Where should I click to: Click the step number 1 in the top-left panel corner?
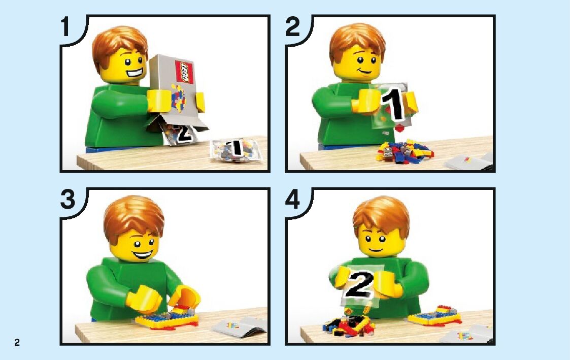coord(65,26)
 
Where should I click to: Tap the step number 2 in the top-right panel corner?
coord(293,26)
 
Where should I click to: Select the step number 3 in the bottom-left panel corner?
coord(68,199)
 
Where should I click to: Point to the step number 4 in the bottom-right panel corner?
coord(293,199)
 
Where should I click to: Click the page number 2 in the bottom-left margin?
coord(17,342)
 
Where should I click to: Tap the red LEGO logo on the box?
coord(184,72)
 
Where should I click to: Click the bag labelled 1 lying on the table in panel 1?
coord(237,149)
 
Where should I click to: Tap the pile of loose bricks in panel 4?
coord(348,324)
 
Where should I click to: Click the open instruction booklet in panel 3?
coord(240,326)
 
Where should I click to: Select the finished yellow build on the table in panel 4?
coord(435,316)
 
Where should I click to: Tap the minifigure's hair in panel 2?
coord(357,43)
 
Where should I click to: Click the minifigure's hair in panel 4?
coord(381,217)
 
